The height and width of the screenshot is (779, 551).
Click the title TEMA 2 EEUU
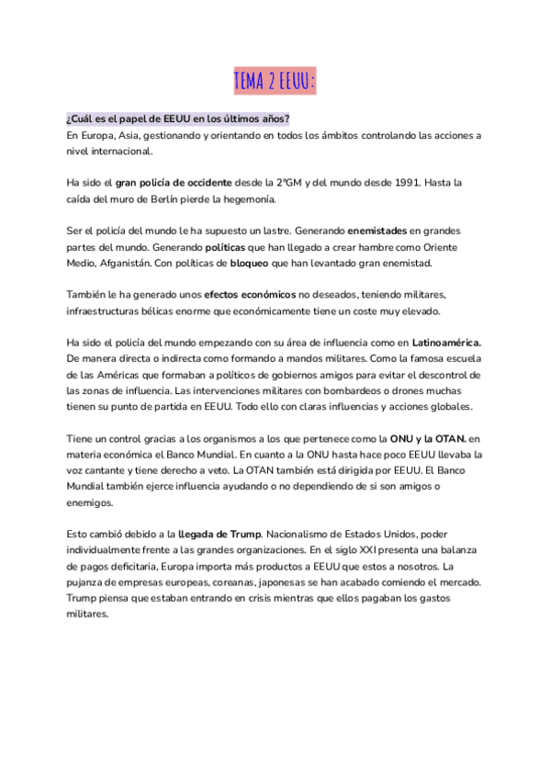(x=275, y=82)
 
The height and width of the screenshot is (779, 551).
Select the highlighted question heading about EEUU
(x=178, y=119)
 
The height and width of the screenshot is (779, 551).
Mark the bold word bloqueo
(x=252, y=264)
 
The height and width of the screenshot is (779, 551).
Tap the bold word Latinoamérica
(x=447, y=344)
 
